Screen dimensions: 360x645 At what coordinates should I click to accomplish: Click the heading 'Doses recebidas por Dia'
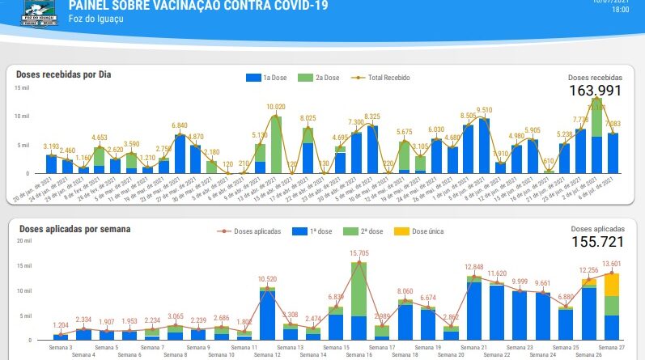click(x=64, y=74)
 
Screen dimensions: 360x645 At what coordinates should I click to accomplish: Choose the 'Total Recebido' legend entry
click(x=381, y=78)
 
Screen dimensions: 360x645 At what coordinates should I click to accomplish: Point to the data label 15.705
click(x=359, y=253)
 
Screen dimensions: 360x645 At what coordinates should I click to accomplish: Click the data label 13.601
click(x=612, y=264)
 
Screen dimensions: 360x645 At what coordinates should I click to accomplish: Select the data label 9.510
click(x=484, y=110)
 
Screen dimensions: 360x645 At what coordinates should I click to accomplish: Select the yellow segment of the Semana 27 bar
click(x=612, y=285)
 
